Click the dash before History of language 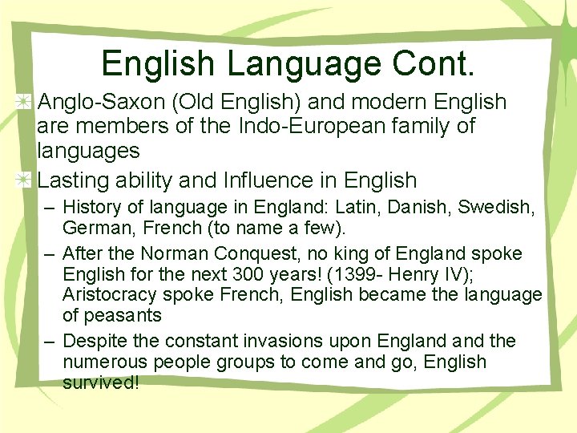coord(50,208)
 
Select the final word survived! coord(101,382)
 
